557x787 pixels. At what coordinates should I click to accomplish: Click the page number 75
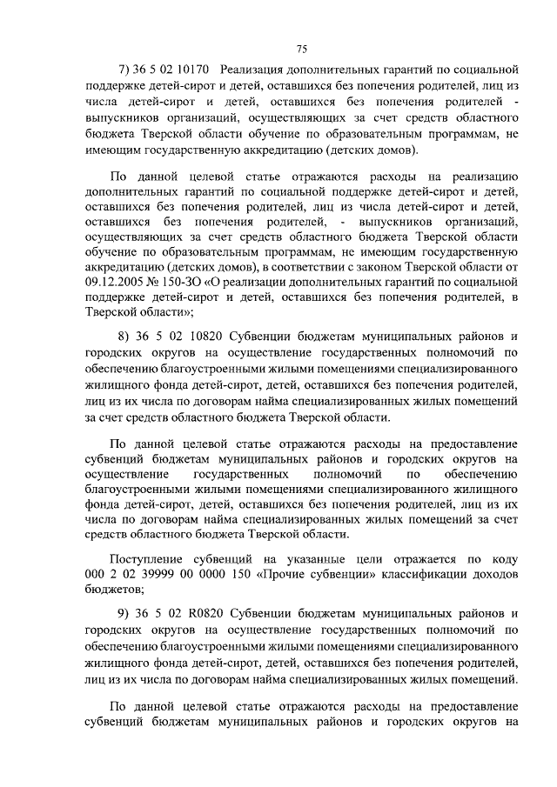coord(302,48)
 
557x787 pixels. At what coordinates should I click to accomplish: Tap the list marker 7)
coord(123,70)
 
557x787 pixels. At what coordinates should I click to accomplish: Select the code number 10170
coord(194,70)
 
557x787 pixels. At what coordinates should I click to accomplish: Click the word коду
coord(503,557)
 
